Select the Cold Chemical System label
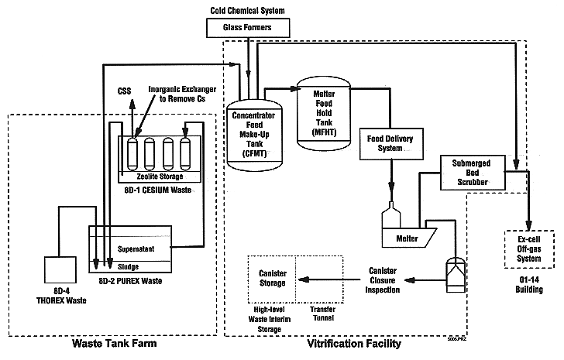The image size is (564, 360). [x=249, y=8]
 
